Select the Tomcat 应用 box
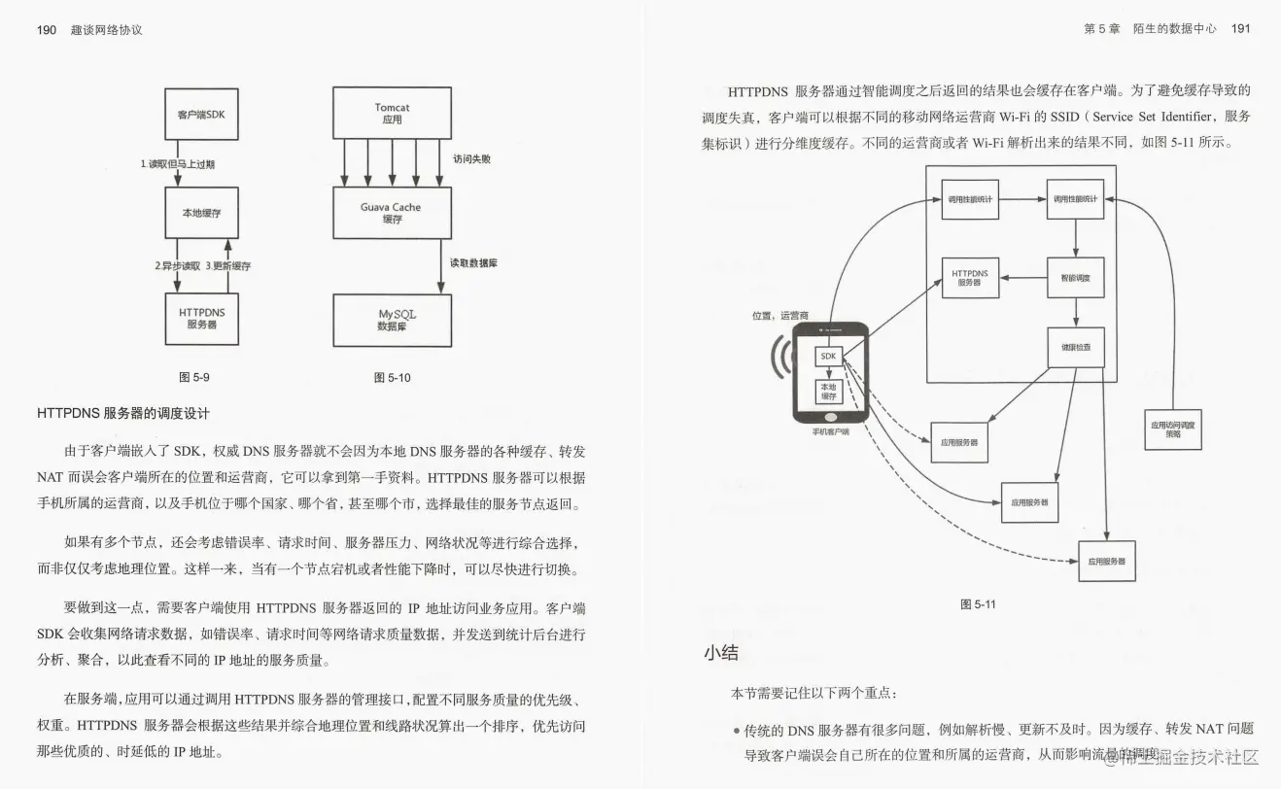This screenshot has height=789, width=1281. coord(391,113)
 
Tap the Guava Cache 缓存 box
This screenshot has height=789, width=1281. coord(391,213)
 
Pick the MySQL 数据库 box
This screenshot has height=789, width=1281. coord(391,321)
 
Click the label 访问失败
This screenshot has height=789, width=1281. coord(472,158)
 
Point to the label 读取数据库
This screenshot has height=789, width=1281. coord(473,263)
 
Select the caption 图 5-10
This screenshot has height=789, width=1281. coord(392,377)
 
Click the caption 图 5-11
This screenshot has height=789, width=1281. coord(978,604)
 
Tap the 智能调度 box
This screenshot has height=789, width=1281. coord(1075,278)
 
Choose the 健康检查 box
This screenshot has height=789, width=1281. coord(1075,347)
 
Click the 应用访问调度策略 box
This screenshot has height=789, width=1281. coord(1173,429)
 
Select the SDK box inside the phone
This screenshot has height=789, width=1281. coord(828,357)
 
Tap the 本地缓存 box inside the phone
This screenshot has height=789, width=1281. coord(828,392)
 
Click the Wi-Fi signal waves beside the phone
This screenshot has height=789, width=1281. coord(779,359)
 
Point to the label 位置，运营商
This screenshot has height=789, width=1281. coord(780,316)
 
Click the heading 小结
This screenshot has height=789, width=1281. coord(721,652)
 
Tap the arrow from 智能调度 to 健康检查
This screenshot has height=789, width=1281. coord(1075,312)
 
